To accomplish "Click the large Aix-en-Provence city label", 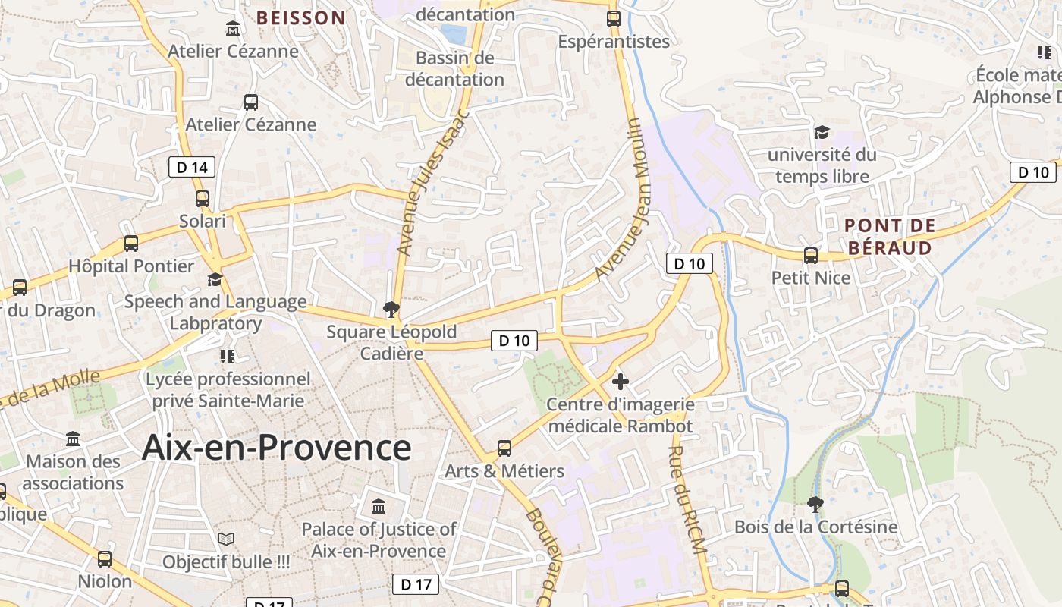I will [277, 447].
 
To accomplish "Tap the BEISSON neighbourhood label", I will [300, 17].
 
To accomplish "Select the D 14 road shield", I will [192, 167].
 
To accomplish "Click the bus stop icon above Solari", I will [203, 199].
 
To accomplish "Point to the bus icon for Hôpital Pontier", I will [131, 244].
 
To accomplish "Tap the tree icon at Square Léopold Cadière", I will [391, 309].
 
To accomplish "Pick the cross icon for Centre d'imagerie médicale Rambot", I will [620, 382].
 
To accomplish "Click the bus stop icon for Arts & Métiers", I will [504, 448].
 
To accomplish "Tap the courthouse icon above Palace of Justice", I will [379, 506].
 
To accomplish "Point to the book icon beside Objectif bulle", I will [226, 539].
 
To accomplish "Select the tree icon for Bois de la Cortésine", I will [815, 504].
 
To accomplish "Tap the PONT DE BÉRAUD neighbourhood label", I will [890, 237].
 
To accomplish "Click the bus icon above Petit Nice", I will [811, 256].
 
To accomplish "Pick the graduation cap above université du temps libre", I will [822, 133].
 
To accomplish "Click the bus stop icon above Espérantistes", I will [614, 19].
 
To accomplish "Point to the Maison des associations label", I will [73, 472].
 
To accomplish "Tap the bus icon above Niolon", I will [105, 559].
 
